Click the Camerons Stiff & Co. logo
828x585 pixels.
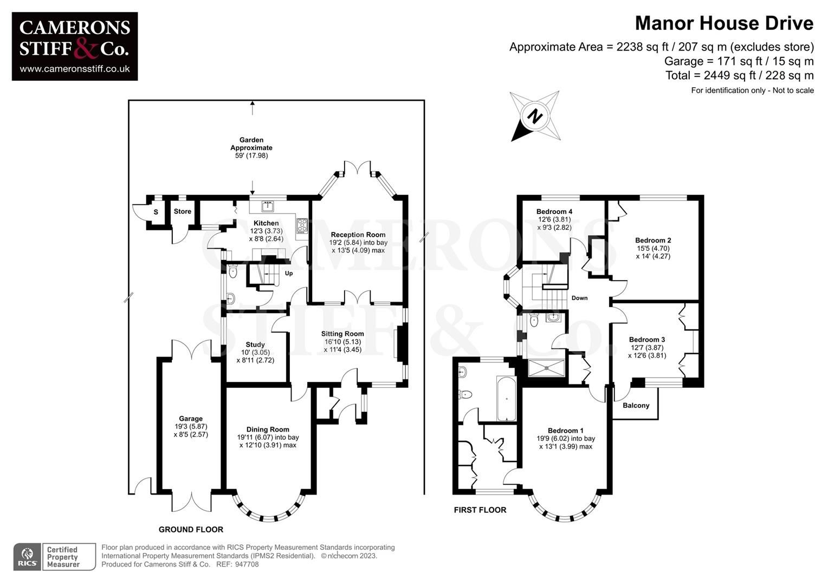[x=75, y=47]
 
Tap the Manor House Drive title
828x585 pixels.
[x=723, y=23]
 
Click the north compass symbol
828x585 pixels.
[x=535, y=116]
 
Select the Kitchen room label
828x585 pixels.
[x=266, y=223]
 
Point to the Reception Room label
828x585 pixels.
[x=358, y=235]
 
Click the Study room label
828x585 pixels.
[x=255, y=344]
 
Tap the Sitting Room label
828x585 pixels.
[x=342, y=334]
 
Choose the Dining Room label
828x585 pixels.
[x=268, y=430]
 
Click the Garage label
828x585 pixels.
[x=191, y=419]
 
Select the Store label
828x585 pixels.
[x=183, y=211]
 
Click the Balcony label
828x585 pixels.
[x=636, y=405]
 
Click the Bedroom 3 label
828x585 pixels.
[x=647, y=340]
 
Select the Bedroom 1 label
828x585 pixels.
[x=566, y=431]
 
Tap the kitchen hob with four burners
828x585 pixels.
[x=302, y=225]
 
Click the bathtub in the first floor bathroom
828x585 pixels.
[x=506, y=398]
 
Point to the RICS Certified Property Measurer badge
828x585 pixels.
[x=54, y=557]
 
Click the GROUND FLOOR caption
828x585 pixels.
[x=191, y=529]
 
